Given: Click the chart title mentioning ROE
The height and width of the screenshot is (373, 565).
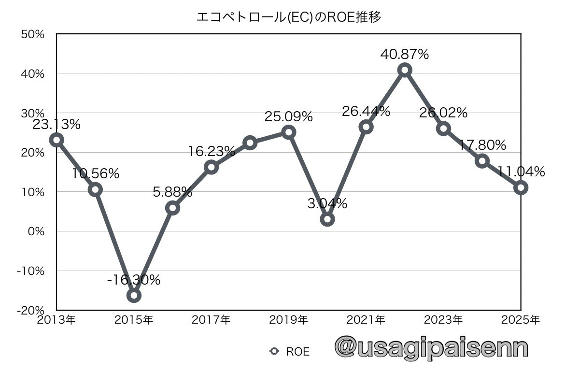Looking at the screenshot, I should coord(289,17).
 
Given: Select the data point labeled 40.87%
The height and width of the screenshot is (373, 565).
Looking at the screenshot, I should coord(405,70).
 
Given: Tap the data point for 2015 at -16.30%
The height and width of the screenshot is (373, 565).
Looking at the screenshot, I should coord(134,295).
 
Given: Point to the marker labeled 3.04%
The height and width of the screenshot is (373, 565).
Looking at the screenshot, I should coord(327,219).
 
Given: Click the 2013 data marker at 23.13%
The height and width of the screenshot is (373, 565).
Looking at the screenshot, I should coord(56,140).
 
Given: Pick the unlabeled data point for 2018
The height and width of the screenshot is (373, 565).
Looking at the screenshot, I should coord(250,143).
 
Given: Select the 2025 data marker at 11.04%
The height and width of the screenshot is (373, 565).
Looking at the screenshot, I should coord(521,187).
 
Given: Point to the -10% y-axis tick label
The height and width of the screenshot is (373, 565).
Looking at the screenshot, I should coord(31,271).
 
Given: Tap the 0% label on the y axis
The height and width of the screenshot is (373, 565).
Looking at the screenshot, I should coord(36,231).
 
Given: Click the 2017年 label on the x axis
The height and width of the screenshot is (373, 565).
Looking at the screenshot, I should coord(211,320).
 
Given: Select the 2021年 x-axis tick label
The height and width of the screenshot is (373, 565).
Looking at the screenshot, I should coord(366,320).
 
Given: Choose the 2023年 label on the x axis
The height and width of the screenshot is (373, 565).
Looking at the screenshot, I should coord(443,320).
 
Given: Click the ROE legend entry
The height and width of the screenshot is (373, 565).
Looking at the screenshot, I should coord(290,352).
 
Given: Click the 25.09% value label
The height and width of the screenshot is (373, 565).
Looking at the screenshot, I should coord(288,117).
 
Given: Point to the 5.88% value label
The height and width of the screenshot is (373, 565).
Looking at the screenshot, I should coord(172,192).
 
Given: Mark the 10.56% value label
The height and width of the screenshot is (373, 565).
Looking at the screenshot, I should coord(96,174).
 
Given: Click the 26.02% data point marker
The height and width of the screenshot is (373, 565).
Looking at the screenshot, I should coord(443,129).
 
